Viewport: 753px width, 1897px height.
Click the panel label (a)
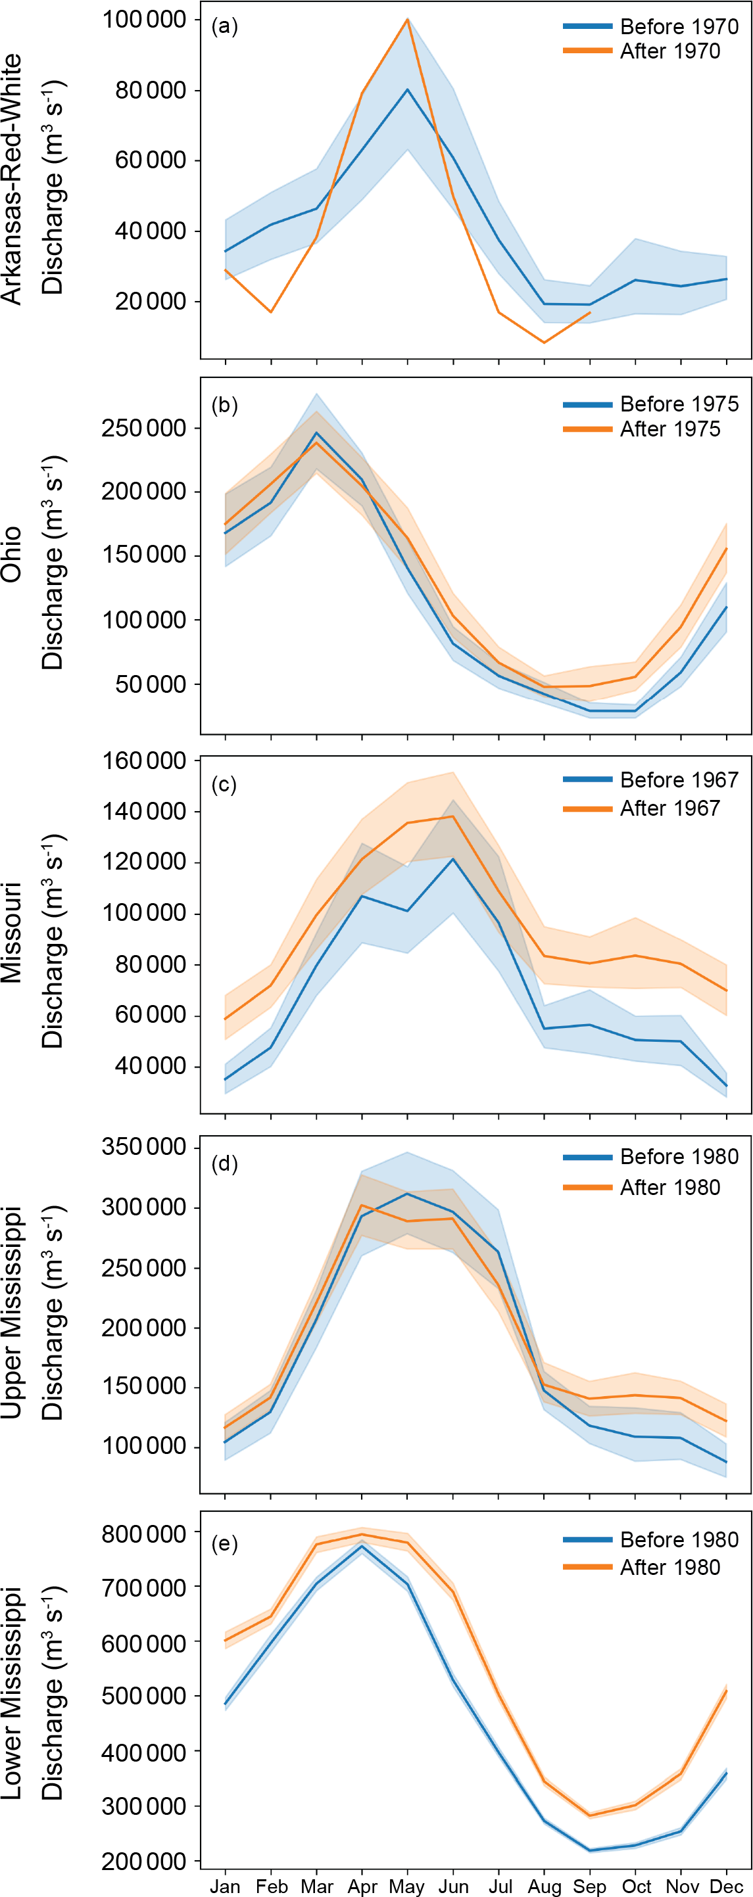(224, 26)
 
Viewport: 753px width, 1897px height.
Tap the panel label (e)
(224, 1543)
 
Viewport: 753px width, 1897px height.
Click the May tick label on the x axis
(406, 1886)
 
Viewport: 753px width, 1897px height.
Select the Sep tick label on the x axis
(589, 1886)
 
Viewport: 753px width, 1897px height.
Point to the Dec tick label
(727, 1886)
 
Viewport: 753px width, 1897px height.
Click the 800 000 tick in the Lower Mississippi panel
(143, 1534)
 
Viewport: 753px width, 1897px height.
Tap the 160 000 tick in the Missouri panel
(143, 760)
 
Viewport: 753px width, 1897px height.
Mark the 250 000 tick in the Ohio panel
(143, 428)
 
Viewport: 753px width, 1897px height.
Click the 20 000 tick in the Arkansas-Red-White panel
(151, 301)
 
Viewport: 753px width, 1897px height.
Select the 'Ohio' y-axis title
(12, 555)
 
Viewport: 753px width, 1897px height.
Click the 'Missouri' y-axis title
(12, 932)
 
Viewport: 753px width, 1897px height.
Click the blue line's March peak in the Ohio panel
(317, 433)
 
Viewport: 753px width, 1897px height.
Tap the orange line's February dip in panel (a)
(271, 312)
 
